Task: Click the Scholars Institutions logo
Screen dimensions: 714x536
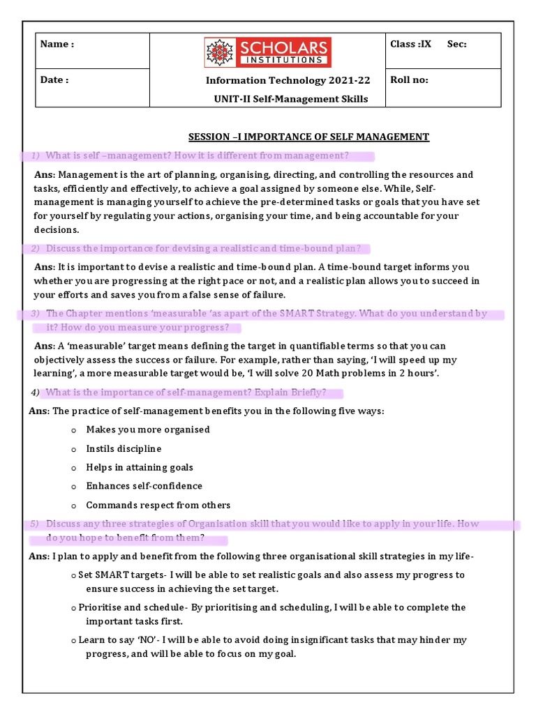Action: pyautogui.click(x=267, y=52)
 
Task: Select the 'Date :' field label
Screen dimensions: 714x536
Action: pyautogui.click(x=54, y=79)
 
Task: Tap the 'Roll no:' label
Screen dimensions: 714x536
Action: pyautogui.click(x=409, y=79)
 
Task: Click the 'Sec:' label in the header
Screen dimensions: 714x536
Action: pyautogui.click(x=456, y=44)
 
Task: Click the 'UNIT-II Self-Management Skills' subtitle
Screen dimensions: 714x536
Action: pyautogui.click(x=290, y=99)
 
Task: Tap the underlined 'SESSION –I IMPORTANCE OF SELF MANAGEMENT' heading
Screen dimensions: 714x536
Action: pyautogui.click(x=309, y=137)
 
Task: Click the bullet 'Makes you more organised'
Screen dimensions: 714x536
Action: pyautogui.click(x=147, y=430)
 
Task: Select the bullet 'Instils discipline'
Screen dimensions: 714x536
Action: pyautogui.click(x=124, y=448)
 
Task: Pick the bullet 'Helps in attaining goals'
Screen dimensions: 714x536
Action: pyautogui.click(x=140, y=467)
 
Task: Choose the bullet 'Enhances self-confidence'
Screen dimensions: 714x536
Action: pyautogui.click(x=144, y=486)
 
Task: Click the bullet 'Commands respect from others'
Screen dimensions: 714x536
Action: pyautogui.click(x=158, y=505)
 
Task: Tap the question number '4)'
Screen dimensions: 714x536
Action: pyautogui.click(x=35, y=393)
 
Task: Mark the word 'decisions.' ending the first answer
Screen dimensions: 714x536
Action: pyautogui.click(x=57, y=229)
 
